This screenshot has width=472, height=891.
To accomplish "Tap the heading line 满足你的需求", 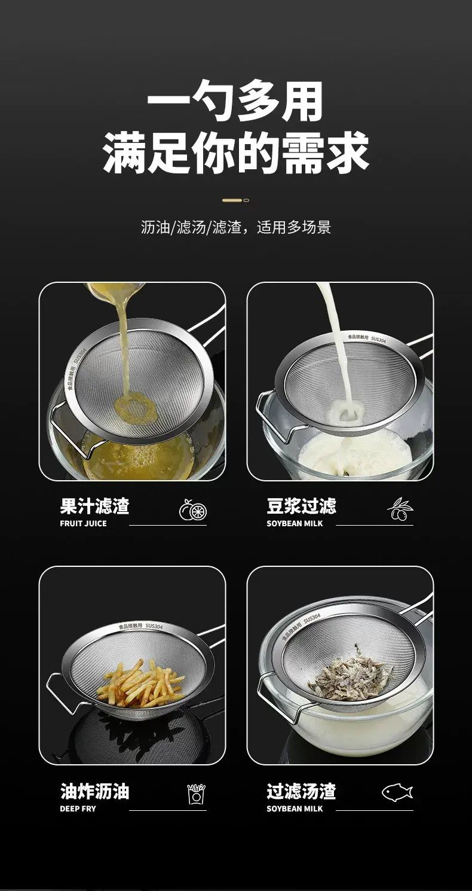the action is (x=236, y=152).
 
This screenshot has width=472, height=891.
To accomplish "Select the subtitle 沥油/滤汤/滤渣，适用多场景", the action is (x=236, y=227).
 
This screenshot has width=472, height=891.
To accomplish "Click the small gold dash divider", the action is (x=236, y=200).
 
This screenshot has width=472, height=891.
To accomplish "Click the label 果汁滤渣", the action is (x=94, y=506).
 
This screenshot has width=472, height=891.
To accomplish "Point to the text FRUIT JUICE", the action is (x=83, y=523).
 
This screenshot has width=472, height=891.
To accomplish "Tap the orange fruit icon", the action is (x=193, y=510).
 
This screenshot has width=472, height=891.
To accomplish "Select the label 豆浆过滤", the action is (x=302, y=506).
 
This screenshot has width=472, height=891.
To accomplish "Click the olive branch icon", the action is (x=400, y=509).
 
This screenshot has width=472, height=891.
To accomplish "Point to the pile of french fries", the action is (x=141, y=682).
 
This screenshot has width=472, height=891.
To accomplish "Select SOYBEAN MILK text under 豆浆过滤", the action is (x=295, y=523).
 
